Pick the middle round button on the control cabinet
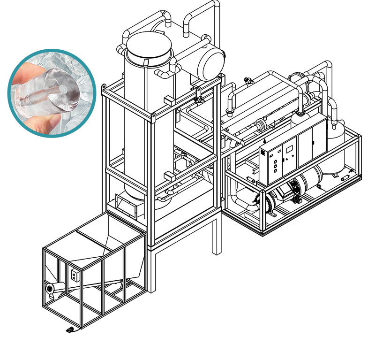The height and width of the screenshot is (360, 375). click(x=275, y=165)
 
